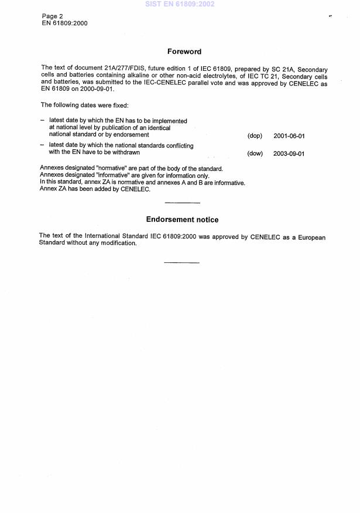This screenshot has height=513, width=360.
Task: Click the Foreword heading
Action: [184, 52]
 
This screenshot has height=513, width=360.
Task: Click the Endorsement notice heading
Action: [182, 220]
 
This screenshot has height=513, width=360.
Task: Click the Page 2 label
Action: [53, 16]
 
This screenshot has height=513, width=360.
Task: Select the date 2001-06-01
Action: [289, 136]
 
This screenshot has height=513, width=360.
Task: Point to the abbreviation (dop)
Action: [255, 136]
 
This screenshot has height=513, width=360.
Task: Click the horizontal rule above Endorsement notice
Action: [183, 203]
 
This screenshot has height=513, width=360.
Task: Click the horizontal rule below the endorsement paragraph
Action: [181, 262]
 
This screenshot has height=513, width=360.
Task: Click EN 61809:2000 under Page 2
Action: [64, 23]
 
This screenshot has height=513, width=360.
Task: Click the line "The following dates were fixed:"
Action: [80, 105]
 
